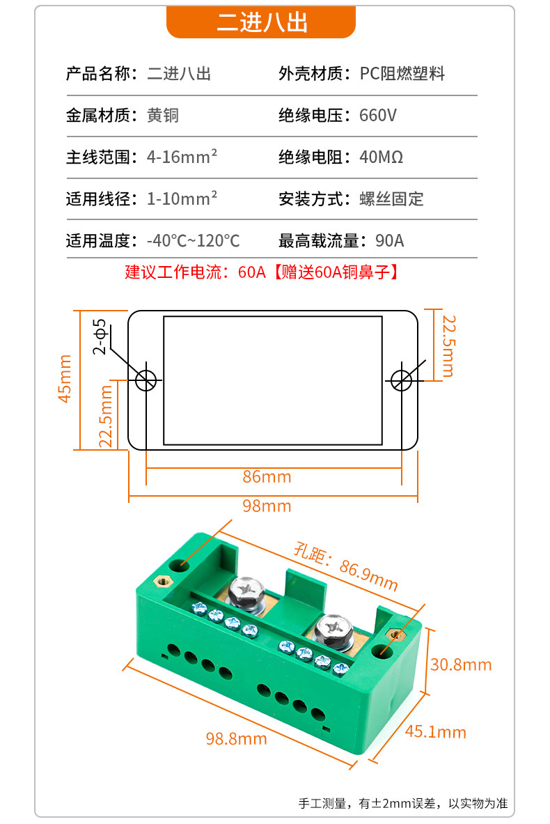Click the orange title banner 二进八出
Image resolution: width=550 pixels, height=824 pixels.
(x=261, y=22)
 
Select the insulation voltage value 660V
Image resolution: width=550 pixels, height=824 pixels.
(x=378, y=115)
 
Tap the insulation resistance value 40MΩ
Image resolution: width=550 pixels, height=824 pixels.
(x=381, y=157)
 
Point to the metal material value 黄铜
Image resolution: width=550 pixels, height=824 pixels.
(x=163, y=115)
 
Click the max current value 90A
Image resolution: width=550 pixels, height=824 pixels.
(x=389, y=241)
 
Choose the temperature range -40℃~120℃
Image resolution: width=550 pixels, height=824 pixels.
(x=194, y=241)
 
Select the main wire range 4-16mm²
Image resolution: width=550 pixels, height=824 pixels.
(x=182, y=157)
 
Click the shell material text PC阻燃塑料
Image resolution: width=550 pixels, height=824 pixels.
(x=402, y=74)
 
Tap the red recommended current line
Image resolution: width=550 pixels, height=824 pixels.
(x=261, y=272)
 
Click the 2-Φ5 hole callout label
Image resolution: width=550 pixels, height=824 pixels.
(x=100, y=336)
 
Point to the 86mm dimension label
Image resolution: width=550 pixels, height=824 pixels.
(x=267, y=476)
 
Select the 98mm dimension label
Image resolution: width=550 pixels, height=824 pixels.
(x=267, y=506)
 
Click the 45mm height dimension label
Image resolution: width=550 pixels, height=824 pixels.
(x=64, y=378)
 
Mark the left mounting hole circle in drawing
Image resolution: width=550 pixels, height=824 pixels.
(x=146, y=380)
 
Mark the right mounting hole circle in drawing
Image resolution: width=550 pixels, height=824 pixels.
(x=401, y=380)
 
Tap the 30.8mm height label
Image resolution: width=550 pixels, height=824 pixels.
(x=461, y=664)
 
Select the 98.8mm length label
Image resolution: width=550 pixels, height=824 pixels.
(x=236, y=738)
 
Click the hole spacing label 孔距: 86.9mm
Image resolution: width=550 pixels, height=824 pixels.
(x=345, y=567)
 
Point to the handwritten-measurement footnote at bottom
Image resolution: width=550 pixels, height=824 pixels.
(x=403, y=803)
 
